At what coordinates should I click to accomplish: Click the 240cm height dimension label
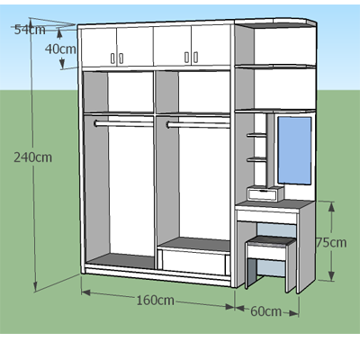pos(32,157)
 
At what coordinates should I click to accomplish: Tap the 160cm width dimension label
pos(155,300)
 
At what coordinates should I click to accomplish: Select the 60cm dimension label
pos(266,311)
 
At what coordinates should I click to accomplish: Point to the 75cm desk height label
pos(331,242)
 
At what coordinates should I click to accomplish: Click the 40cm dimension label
pos(60,49)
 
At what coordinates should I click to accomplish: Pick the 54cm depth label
pos(30,30)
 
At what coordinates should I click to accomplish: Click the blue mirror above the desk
pos(294,150)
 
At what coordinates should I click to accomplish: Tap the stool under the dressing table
pos(270,261)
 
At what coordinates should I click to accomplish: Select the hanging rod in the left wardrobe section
pos(123,124)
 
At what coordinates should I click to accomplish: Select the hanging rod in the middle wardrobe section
pos(198,125)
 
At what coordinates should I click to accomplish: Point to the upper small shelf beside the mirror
pos(256,135)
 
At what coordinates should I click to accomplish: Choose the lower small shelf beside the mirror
pos(256,159)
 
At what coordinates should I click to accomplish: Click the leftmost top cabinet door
pos(98,48)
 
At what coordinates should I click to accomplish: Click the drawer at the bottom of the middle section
pos(194,262)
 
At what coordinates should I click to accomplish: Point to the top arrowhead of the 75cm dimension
pos(331,207)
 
